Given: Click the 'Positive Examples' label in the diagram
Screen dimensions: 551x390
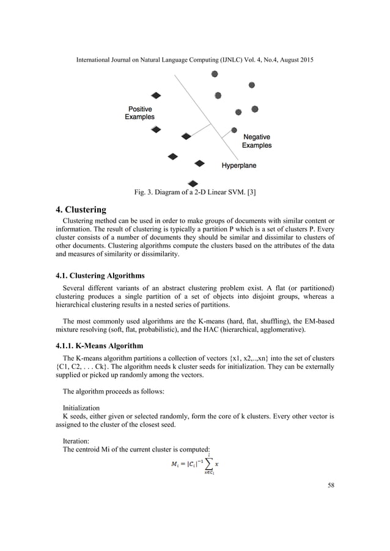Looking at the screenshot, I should pyautogui.click(x=140, y=112).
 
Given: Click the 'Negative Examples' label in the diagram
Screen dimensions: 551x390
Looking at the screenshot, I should pyautogui.click(x=257, y=141).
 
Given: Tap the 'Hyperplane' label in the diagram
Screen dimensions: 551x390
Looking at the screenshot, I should pyautogui.click(x=238, y=165).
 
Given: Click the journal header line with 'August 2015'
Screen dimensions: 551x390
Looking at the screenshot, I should pyautogui.click(x=195, y=62).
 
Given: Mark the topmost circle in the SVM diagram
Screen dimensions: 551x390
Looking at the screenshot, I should pyautogui.click(x=215, y=74).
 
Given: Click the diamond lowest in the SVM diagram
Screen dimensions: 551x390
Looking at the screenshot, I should pyautogui.click(x=193, y=183).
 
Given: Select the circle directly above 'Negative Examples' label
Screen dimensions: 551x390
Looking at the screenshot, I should pyautogui.click(x=234, y=130).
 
